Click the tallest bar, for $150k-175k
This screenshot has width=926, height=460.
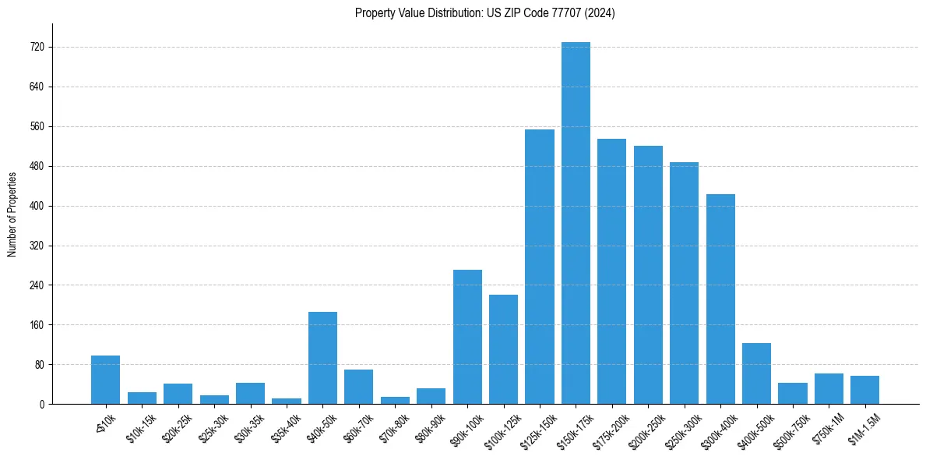tap(576, 223)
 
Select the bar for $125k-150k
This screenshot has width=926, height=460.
tap(540, 267)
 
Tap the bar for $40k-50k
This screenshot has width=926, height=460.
tap(322, 358)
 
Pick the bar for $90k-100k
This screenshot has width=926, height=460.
tap(467, 337)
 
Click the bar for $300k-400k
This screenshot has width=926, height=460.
tap(720, 299)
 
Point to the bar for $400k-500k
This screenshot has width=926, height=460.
tap(756, 373)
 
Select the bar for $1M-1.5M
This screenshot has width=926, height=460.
tap(864, 390)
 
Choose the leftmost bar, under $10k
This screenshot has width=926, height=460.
tap(105, 380)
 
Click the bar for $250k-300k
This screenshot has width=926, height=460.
tap(684, 283)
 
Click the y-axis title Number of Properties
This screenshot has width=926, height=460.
tap(12, 214)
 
